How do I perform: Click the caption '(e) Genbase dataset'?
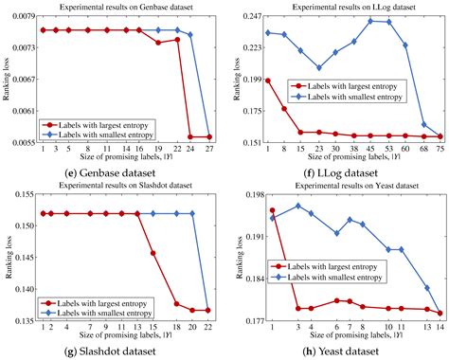pos(111,173)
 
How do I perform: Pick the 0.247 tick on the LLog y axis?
pos(248,17)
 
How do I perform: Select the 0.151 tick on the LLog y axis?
pos(248,142)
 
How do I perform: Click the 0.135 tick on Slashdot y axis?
pos(23,320)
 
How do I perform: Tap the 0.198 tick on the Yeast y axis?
pos(248,194)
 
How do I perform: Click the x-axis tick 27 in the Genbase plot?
pos(209,150)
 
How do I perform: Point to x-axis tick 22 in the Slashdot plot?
pos(209,327)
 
